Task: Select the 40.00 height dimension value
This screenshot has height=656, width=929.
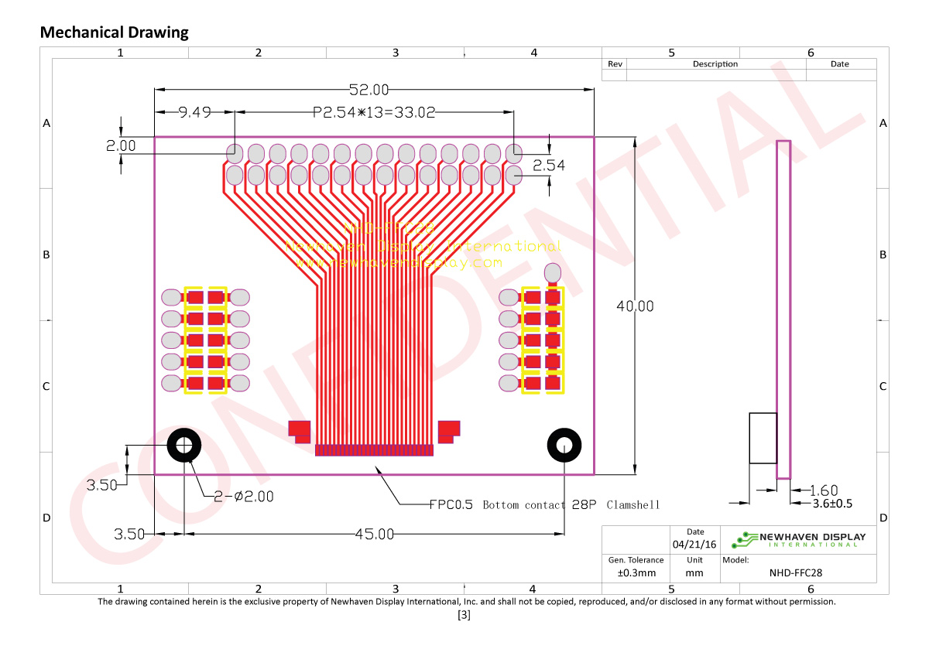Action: pos(635,306)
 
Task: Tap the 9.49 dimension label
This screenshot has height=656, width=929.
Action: pos(194,113)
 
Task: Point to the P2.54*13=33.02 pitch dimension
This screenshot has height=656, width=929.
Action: pos(374,113)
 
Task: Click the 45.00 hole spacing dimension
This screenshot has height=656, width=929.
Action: pos(374,534)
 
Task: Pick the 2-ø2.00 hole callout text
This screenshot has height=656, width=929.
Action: pos(243,497)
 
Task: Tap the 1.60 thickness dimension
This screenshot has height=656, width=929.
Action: pos(823,490)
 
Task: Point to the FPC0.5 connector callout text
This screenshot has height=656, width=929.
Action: pos(544,505)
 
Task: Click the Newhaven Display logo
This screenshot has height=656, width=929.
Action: pos(801,539)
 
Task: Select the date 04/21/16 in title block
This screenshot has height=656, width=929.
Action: pos(694,545)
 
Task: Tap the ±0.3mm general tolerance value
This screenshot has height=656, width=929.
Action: pos(636,573)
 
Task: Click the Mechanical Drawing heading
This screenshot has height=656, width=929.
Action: pos(114,32)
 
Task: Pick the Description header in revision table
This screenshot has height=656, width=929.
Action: pos(715,64)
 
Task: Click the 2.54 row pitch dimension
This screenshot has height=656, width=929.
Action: pos(549,165)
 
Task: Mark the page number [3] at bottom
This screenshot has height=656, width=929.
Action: pos(464,616)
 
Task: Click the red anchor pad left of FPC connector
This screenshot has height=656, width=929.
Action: pos(298,429)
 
